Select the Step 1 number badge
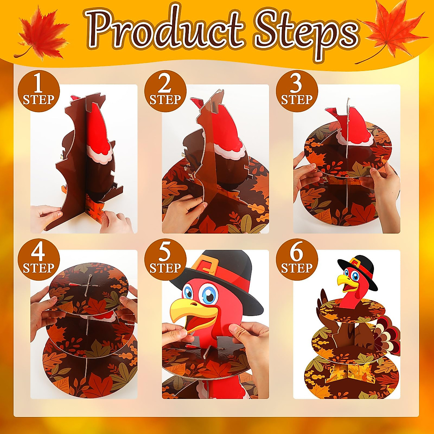point(39,91)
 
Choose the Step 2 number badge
point(165,91)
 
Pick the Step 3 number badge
point(297,91)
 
